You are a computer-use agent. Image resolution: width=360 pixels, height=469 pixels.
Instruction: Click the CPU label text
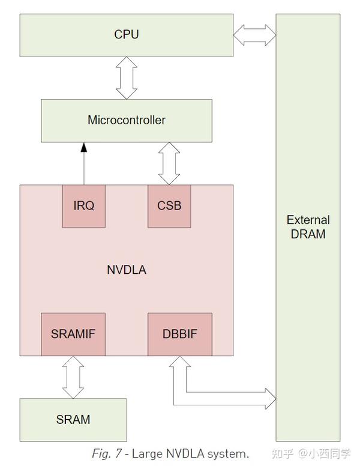point(126,34)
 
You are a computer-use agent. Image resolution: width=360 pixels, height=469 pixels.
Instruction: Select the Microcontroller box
point(126,120)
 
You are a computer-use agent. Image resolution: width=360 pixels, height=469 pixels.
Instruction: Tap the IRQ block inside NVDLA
point(83,205)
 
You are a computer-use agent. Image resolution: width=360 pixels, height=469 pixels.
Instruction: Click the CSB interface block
point(169,205)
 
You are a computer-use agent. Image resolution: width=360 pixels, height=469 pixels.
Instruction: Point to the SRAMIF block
point(73,334)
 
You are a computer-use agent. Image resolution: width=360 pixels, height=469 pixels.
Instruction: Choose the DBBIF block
point(179,334)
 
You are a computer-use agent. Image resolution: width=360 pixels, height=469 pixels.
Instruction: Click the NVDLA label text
point(126,270)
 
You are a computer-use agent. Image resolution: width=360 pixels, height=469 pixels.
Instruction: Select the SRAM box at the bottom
point(73,419)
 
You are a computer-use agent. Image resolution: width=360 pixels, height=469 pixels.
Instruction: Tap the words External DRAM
point(308,227)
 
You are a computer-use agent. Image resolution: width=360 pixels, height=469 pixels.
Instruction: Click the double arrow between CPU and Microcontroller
point(127,78)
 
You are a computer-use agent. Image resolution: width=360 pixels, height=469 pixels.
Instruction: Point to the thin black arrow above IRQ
point(84,165)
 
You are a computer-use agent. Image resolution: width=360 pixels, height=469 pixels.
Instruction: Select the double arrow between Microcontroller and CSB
point(169,163)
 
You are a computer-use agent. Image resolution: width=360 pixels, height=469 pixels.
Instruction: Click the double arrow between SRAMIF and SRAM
point(73,377)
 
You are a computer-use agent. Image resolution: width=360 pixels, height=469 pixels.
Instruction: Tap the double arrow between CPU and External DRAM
point(254,34)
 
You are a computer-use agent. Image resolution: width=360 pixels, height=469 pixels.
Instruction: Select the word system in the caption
point(228,453)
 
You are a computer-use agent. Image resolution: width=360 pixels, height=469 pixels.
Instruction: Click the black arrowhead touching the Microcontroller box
point(84,147)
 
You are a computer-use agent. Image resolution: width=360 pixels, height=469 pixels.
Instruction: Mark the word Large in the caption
point(147,453)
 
